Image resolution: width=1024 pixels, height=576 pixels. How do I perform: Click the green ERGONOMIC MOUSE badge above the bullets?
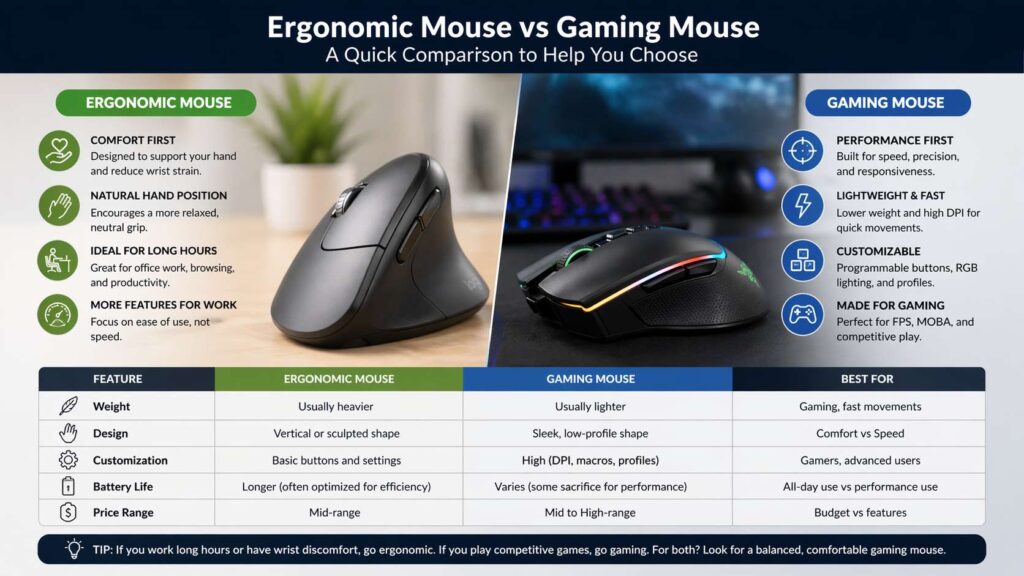pos(158,102)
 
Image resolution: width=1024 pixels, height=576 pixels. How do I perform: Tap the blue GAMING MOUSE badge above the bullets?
pos(885,102)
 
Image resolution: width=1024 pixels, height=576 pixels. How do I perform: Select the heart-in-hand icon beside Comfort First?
pos(58,150)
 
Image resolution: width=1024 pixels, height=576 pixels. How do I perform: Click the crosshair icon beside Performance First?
pos(801,150)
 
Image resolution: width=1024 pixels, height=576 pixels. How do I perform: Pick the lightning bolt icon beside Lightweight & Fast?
pos(801,205)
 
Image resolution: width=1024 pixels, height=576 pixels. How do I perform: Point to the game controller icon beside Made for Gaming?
pos(801,314)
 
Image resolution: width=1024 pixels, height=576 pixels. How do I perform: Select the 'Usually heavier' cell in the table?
pos(338,407)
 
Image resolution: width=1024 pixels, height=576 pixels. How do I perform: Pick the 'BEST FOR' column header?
pos(859,380)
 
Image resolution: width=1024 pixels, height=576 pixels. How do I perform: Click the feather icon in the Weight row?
pos(68,407)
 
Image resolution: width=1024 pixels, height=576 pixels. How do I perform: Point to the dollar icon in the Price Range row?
pos(68,513)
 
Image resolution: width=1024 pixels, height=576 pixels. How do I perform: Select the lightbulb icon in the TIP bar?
pos(73,549)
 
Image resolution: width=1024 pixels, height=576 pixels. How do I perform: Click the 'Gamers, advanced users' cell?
pos(859,461)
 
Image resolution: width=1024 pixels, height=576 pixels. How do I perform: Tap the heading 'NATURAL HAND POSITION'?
pos(158,196)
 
